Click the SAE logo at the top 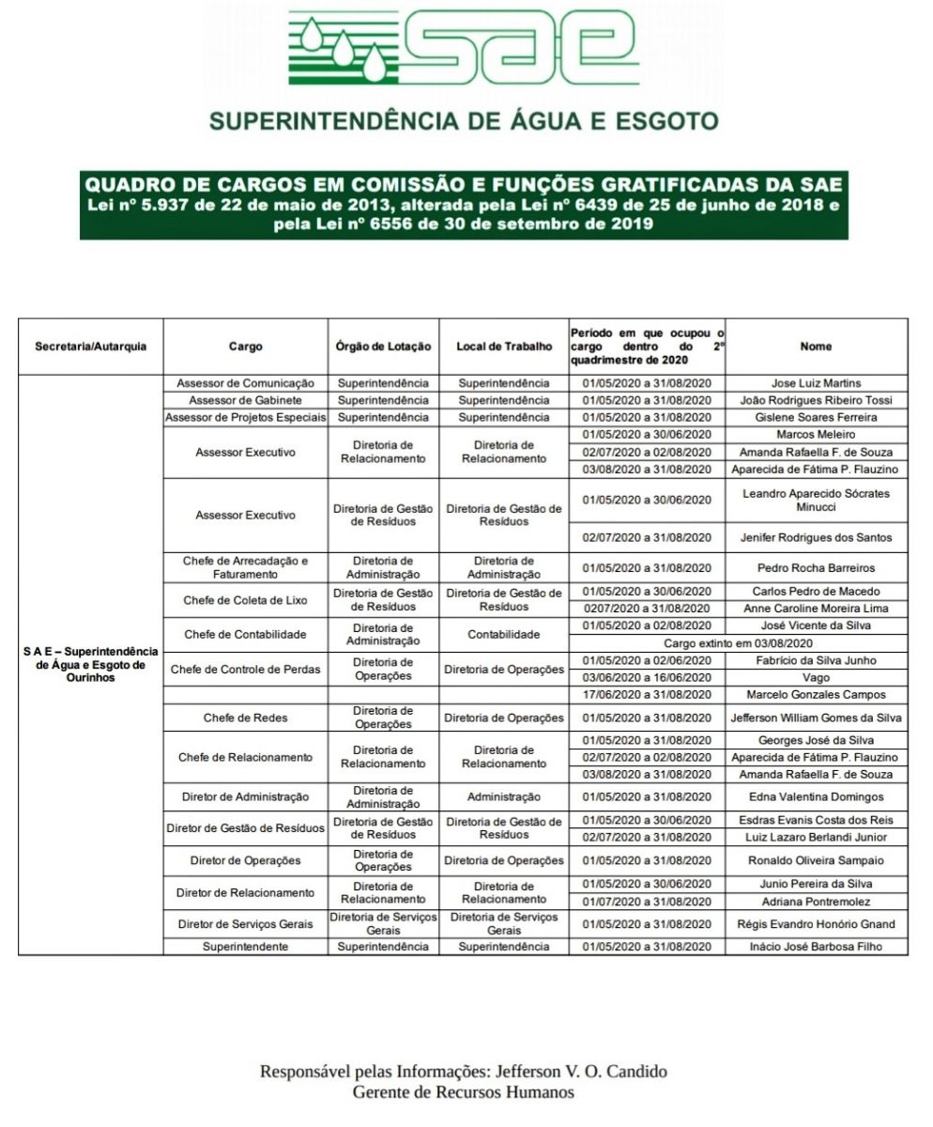click(x=465, y=52)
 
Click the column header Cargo click(x=245, y=347)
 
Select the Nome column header click(x=816, y=347)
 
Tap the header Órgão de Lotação click(x=383, y=347)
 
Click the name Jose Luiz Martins click(x=816, y=383)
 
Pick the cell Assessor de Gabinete click(x=245, y=400)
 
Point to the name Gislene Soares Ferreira click(x=816, y=417)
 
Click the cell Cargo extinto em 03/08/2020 click(x=738, y=643)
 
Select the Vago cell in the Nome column click(x=816, y=677)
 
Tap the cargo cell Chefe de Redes click(x=245, y=718)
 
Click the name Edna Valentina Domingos click(x=816, y=797)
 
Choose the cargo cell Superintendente click(x=245, y=947)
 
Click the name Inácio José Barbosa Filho click(x=816, y=947)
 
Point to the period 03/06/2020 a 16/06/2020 click(x=647, y=677)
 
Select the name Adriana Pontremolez click(x=816, y=902)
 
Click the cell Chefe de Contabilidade click(x=245, y=635)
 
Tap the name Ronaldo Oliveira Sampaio click(x=816, y=861)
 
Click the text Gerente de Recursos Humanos click(x=464, y=1092)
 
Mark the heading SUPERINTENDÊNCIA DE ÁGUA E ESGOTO click(x=464, y=122)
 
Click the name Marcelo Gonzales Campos click(x=816, y=695)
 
